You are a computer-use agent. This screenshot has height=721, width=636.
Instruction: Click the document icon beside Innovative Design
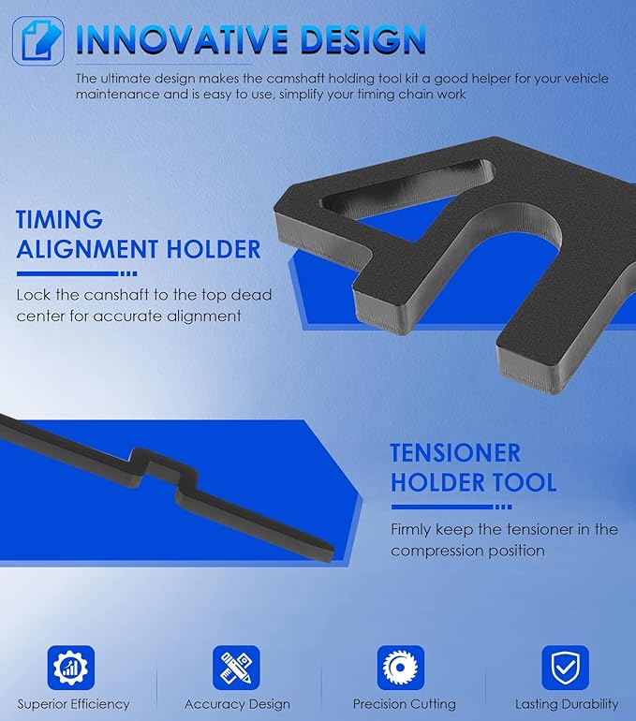click(37, 41)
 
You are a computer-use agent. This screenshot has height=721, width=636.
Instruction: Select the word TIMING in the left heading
click(59, 219)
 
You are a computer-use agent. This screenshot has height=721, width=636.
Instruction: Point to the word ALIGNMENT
click(88, 249)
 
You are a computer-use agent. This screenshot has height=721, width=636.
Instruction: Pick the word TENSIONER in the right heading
click(455, 452)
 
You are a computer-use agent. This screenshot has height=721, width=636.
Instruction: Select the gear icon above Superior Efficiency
click(71, 668)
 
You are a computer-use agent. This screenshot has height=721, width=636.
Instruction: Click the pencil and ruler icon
click(236, 668)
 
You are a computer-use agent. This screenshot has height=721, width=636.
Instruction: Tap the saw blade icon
click(401, 668)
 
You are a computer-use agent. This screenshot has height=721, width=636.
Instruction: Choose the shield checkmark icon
click(565, 668)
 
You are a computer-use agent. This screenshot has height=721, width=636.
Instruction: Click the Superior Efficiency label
click(74, 704)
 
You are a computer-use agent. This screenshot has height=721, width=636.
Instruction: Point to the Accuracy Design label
click(237, 704)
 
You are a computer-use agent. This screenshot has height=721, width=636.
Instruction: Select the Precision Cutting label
click(405, 704)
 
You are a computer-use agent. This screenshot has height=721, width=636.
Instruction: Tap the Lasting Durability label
click(567, 704)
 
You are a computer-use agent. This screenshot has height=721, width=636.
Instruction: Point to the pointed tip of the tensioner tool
click(332, 549)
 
